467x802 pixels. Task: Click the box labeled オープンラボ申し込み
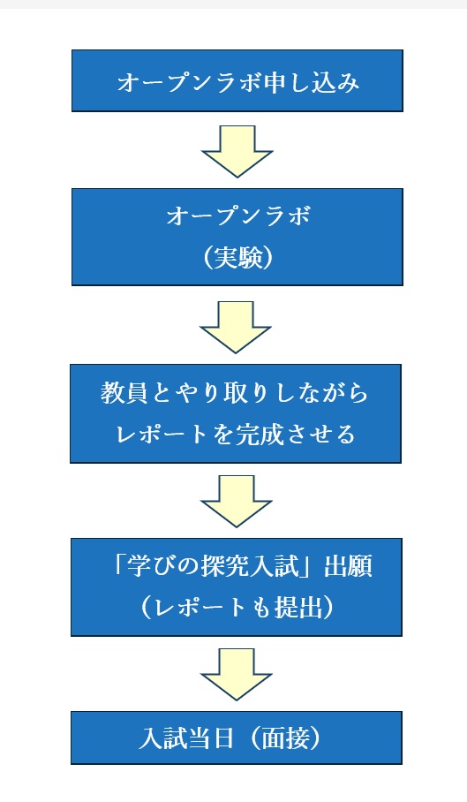point(237,80)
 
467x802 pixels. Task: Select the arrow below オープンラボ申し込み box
point(237,151)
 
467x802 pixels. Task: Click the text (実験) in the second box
point(237,258)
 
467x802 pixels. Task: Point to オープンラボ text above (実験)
point(238,216)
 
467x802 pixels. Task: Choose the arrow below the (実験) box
point(236,327)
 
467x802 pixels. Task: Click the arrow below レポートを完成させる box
point(236,501)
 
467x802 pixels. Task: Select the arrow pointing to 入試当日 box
point(236,674)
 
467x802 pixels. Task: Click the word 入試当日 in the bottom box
point(186,739)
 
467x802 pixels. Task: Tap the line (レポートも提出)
point(237,609)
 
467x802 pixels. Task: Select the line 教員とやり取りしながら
point(234,393)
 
